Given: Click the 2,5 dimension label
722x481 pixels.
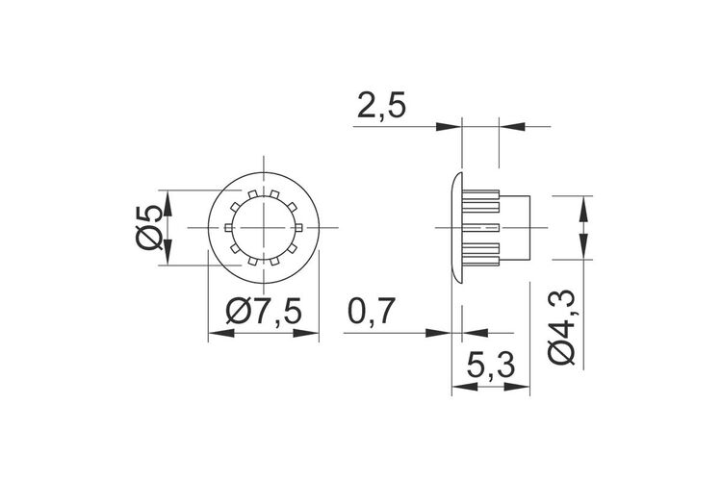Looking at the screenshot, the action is (381, 107).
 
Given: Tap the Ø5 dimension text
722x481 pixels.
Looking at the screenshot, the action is (149, 227).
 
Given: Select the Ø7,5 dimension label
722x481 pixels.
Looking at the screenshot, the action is (264, 311).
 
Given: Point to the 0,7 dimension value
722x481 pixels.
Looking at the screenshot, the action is (372, 311).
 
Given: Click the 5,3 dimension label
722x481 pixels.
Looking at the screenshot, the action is (490, 366).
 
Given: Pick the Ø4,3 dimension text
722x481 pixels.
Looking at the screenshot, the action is (562, 328).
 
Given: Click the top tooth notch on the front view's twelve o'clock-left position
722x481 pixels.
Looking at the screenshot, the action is (253, 194).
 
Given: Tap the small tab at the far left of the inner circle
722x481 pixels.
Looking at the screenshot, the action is (228, 227).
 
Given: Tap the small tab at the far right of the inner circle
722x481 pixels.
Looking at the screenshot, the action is (298, 227).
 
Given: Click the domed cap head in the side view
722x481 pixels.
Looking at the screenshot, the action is (456, 227).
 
